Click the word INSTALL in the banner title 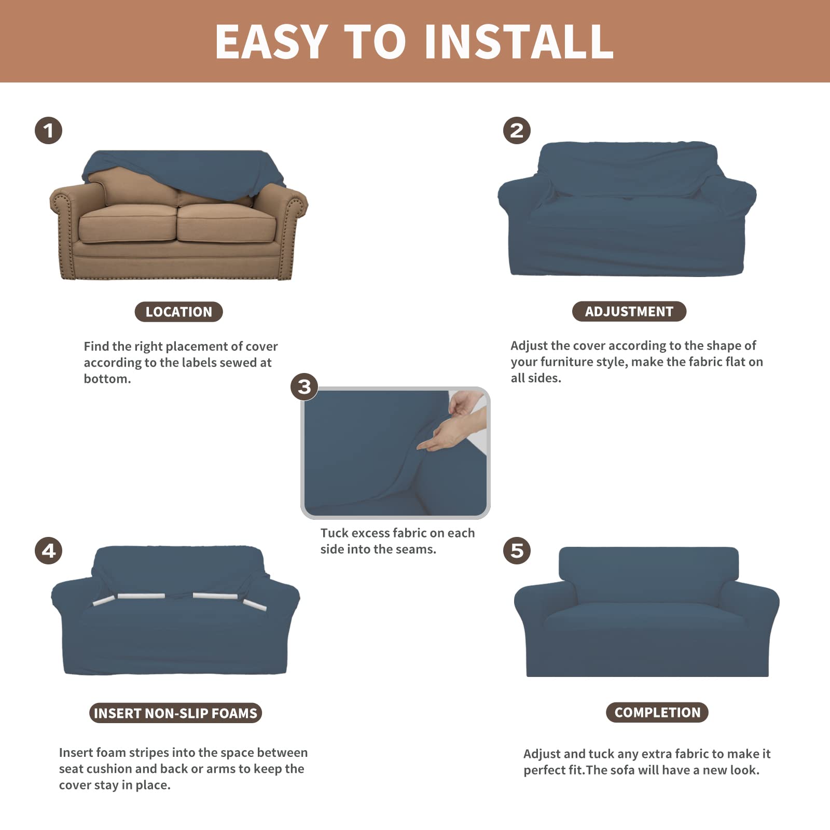coord(519,41)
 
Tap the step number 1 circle coord(48,130)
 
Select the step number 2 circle coord(517,130)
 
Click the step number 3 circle coord(305,386)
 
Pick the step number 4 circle coord(48,550)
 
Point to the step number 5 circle coord(517,550)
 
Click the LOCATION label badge coord(178,312)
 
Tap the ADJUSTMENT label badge coord(629,311)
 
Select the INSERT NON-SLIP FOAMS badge coord(175,713)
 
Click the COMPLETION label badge coord(657,712)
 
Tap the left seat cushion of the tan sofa coord(127,224)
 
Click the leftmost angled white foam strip coord(104,601)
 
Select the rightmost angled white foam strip coord(255,604)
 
